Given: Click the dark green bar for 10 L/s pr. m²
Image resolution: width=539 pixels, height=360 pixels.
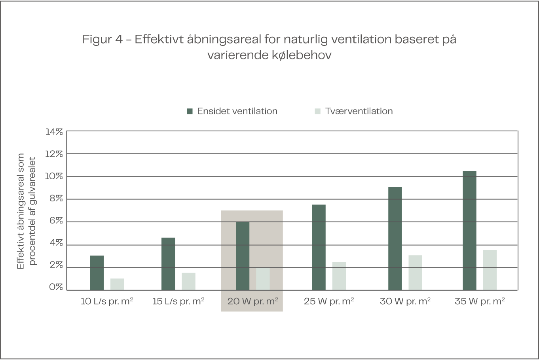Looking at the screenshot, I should [97, 273].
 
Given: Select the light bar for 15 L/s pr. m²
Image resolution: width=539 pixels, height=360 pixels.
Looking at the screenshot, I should [188, 281].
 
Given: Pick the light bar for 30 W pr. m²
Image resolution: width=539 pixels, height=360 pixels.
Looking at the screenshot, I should [415, 273].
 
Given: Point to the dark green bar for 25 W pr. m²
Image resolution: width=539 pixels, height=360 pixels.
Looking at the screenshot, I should [319, 247].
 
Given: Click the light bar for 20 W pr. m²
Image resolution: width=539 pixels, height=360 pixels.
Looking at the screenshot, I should [263, 279].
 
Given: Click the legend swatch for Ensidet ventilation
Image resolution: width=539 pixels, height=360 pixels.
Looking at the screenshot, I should [190, 112].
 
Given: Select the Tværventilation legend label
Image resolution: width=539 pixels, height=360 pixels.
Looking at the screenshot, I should [359, 111].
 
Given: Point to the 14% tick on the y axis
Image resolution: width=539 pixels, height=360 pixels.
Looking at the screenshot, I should [54, 131].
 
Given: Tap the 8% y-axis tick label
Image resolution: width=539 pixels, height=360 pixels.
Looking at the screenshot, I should [55, 199].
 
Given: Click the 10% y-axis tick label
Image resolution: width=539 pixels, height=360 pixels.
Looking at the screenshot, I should [54, 176].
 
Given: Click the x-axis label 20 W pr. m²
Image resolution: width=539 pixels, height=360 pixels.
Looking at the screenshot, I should [252, 301].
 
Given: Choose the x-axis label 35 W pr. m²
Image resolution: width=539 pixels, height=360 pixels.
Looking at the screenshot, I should [480, 301].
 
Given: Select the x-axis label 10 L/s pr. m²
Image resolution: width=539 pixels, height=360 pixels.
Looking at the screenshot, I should [106, 301].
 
